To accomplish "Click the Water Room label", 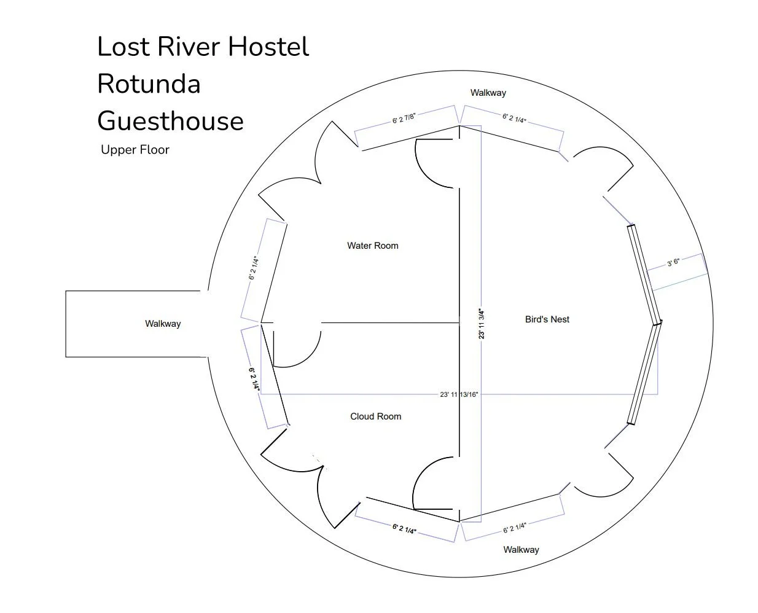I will [x=372, y=246].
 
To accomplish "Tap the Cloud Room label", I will [x=375, y=416].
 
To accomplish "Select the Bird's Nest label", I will [x=547, y=319].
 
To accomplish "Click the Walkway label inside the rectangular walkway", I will [x=163, y=324].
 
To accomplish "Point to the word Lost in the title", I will [x=125, y=47].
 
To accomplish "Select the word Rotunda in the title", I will [x=149, y=84].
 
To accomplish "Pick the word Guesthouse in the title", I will [x=170, y=120].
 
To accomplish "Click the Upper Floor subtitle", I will [x=135, y=150].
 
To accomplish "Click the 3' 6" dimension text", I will [x=673, y=263].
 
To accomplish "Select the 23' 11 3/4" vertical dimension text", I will [x=482, y=323].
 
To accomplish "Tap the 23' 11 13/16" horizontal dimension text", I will [x=459, y=394].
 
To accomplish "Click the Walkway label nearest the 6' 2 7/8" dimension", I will [x=488, y=93].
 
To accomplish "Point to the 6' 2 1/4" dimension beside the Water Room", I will [x=253, y=268].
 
